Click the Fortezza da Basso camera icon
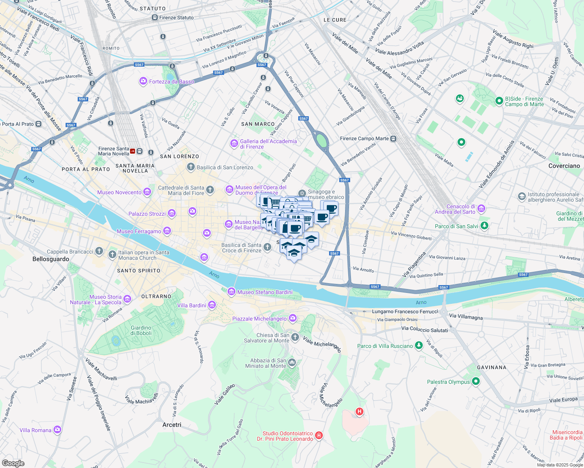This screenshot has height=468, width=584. click(143, 82)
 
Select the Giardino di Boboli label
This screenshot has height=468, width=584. click(141, 330)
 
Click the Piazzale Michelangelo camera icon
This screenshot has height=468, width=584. click(293, 319)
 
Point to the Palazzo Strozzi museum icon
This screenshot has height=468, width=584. click(172, 214)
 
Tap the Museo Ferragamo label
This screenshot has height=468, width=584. click(139, 231)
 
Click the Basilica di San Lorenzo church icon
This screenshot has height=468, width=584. click(191, 167)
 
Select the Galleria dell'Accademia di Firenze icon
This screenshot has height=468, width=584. click(234, 144)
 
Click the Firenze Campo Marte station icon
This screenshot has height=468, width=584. click(393, 138)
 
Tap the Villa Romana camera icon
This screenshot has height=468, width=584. click(57, 430)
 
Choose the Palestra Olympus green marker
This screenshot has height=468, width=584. click(475, 381)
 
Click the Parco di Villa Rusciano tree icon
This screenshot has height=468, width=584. click(418, 346)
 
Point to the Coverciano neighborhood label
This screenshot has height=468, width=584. click(564, 166)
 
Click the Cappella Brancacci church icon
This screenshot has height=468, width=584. click(99, 252)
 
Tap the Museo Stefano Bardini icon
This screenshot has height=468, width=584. click(231, 292)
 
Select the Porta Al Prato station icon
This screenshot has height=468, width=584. click(38, 124)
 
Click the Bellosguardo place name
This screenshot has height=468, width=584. click(51, 259)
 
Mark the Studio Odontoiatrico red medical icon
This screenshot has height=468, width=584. click(319, 435)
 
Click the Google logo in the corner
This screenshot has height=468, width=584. click(13, 463)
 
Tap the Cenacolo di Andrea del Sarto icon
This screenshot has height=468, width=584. click(481, 209)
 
